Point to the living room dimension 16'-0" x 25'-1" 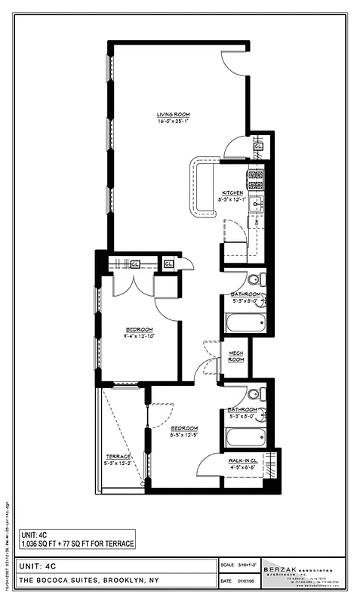[172, 121]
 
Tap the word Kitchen [232, 192]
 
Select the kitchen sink [257, 203]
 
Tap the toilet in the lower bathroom [254, 393]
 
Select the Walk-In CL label [245, 459]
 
